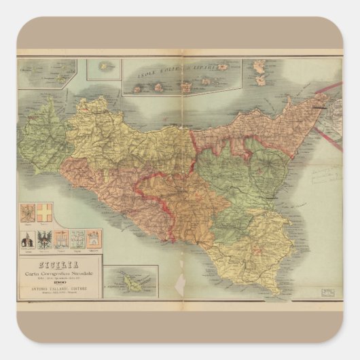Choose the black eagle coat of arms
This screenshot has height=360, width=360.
click(x=46, y=238)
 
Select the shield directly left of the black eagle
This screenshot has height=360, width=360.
click(x=29, y=239)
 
